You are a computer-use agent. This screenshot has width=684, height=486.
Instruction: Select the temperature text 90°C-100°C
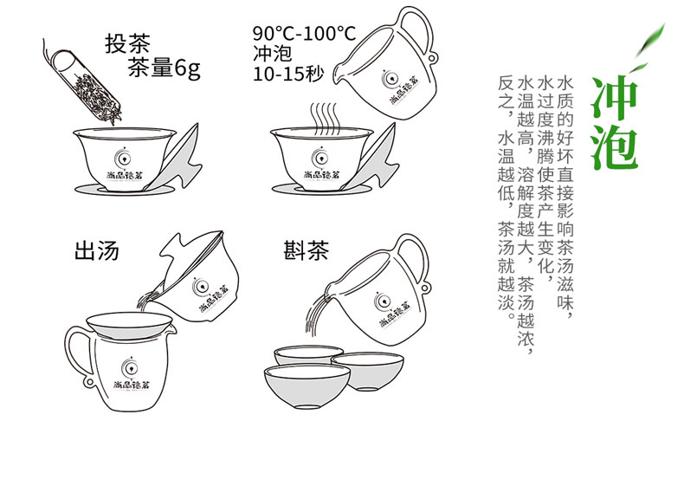(x=304, y=34)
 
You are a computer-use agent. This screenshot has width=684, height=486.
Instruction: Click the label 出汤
(x=96, y=251)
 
